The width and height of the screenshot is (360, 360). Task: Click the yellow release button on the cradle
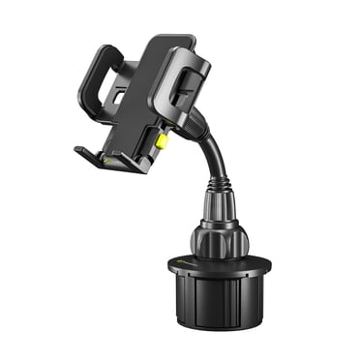[x=163, y=140]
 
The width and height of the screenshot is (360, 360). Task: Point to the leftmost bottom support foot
[x=83, y=151]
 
